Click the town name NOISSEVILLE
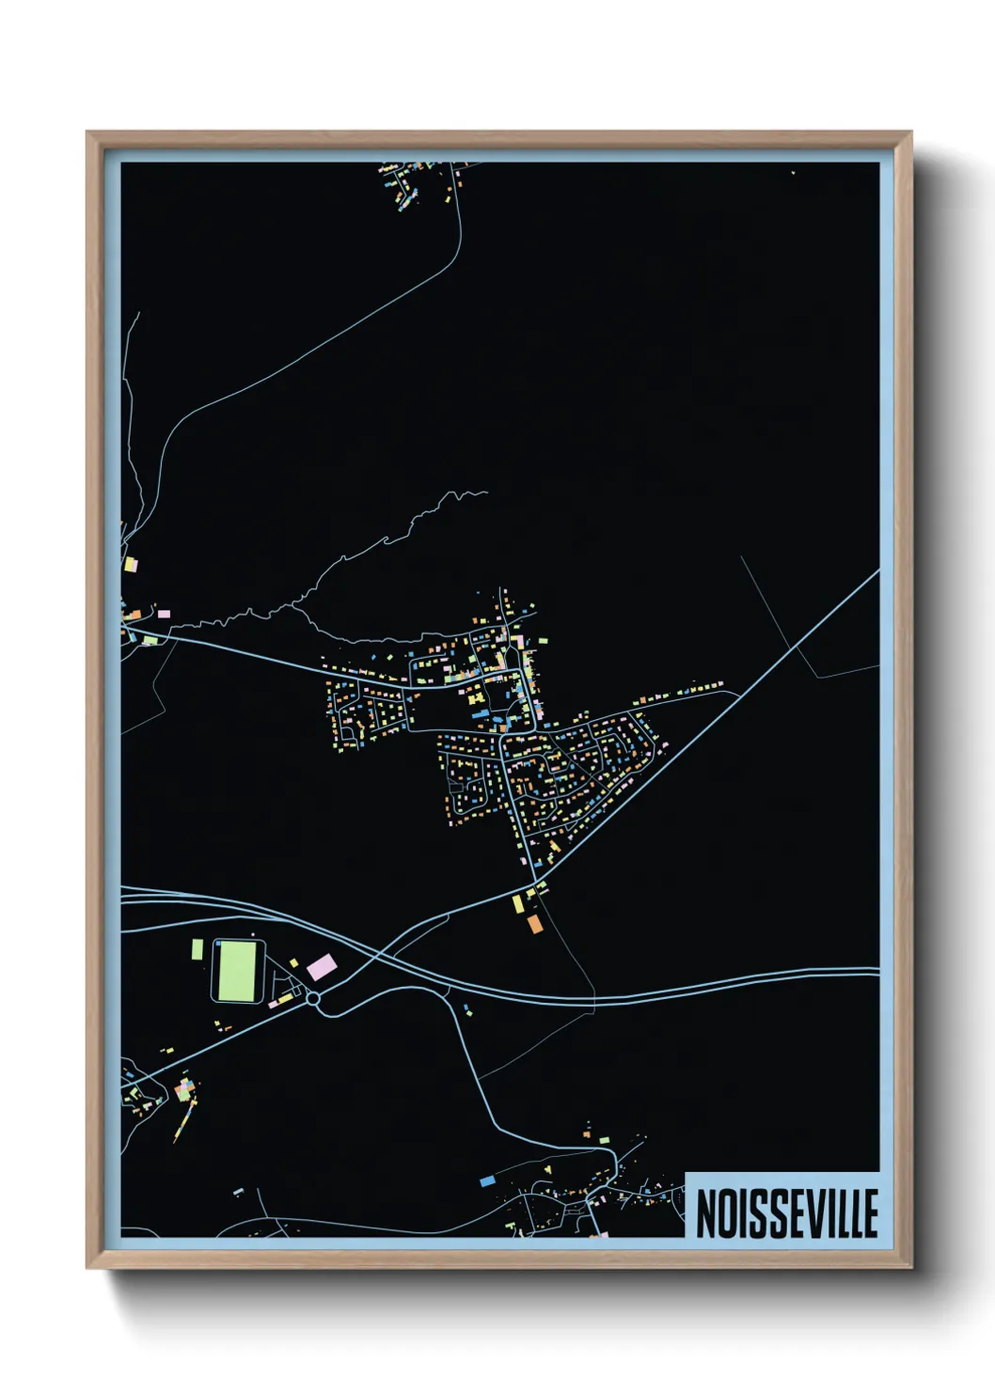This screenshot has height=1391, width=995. (x=786, y=1212)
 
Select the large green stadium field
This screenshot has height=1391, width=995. (x=236, y=971)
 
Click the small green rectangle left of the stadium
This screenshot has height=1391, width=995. (x=197, y=949)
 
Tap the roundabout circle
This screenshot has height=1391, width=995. (x=313, y=999)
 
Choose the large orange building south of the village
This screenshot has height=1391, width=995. (x=534, y=923)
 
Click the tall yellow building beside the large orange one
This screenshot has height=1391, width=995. (x=517, y=904)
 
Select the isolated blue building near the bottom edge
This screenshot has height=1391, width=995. (x=487, y=1180)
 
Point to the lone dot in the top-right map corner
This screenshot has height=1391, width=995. (x=793, y=173)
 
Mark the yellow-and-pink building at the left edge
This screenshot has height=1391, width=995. (x=131, y=565)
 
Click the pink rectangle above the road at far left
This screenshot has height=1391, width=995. (x=164, y=614)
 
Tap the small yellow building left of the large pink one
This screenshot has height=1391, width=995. (x=293, y=962)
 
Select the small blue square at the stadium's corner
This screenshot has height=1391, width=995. (x=215, y=943)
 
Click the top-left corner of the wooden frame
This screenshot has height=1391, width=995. (x=88, y=133)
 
